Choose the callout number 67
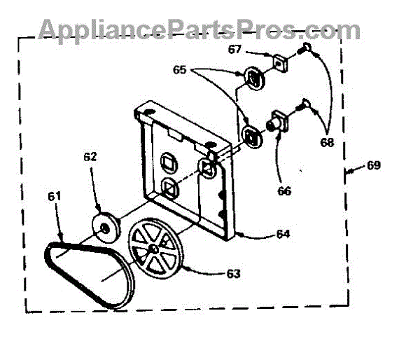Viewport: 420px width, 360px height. coord(234,49)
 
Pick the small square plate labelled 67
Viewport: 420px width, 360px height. coord(281,63)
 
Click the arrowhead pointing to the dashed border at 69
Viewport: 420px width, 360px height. coord(348,168)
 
